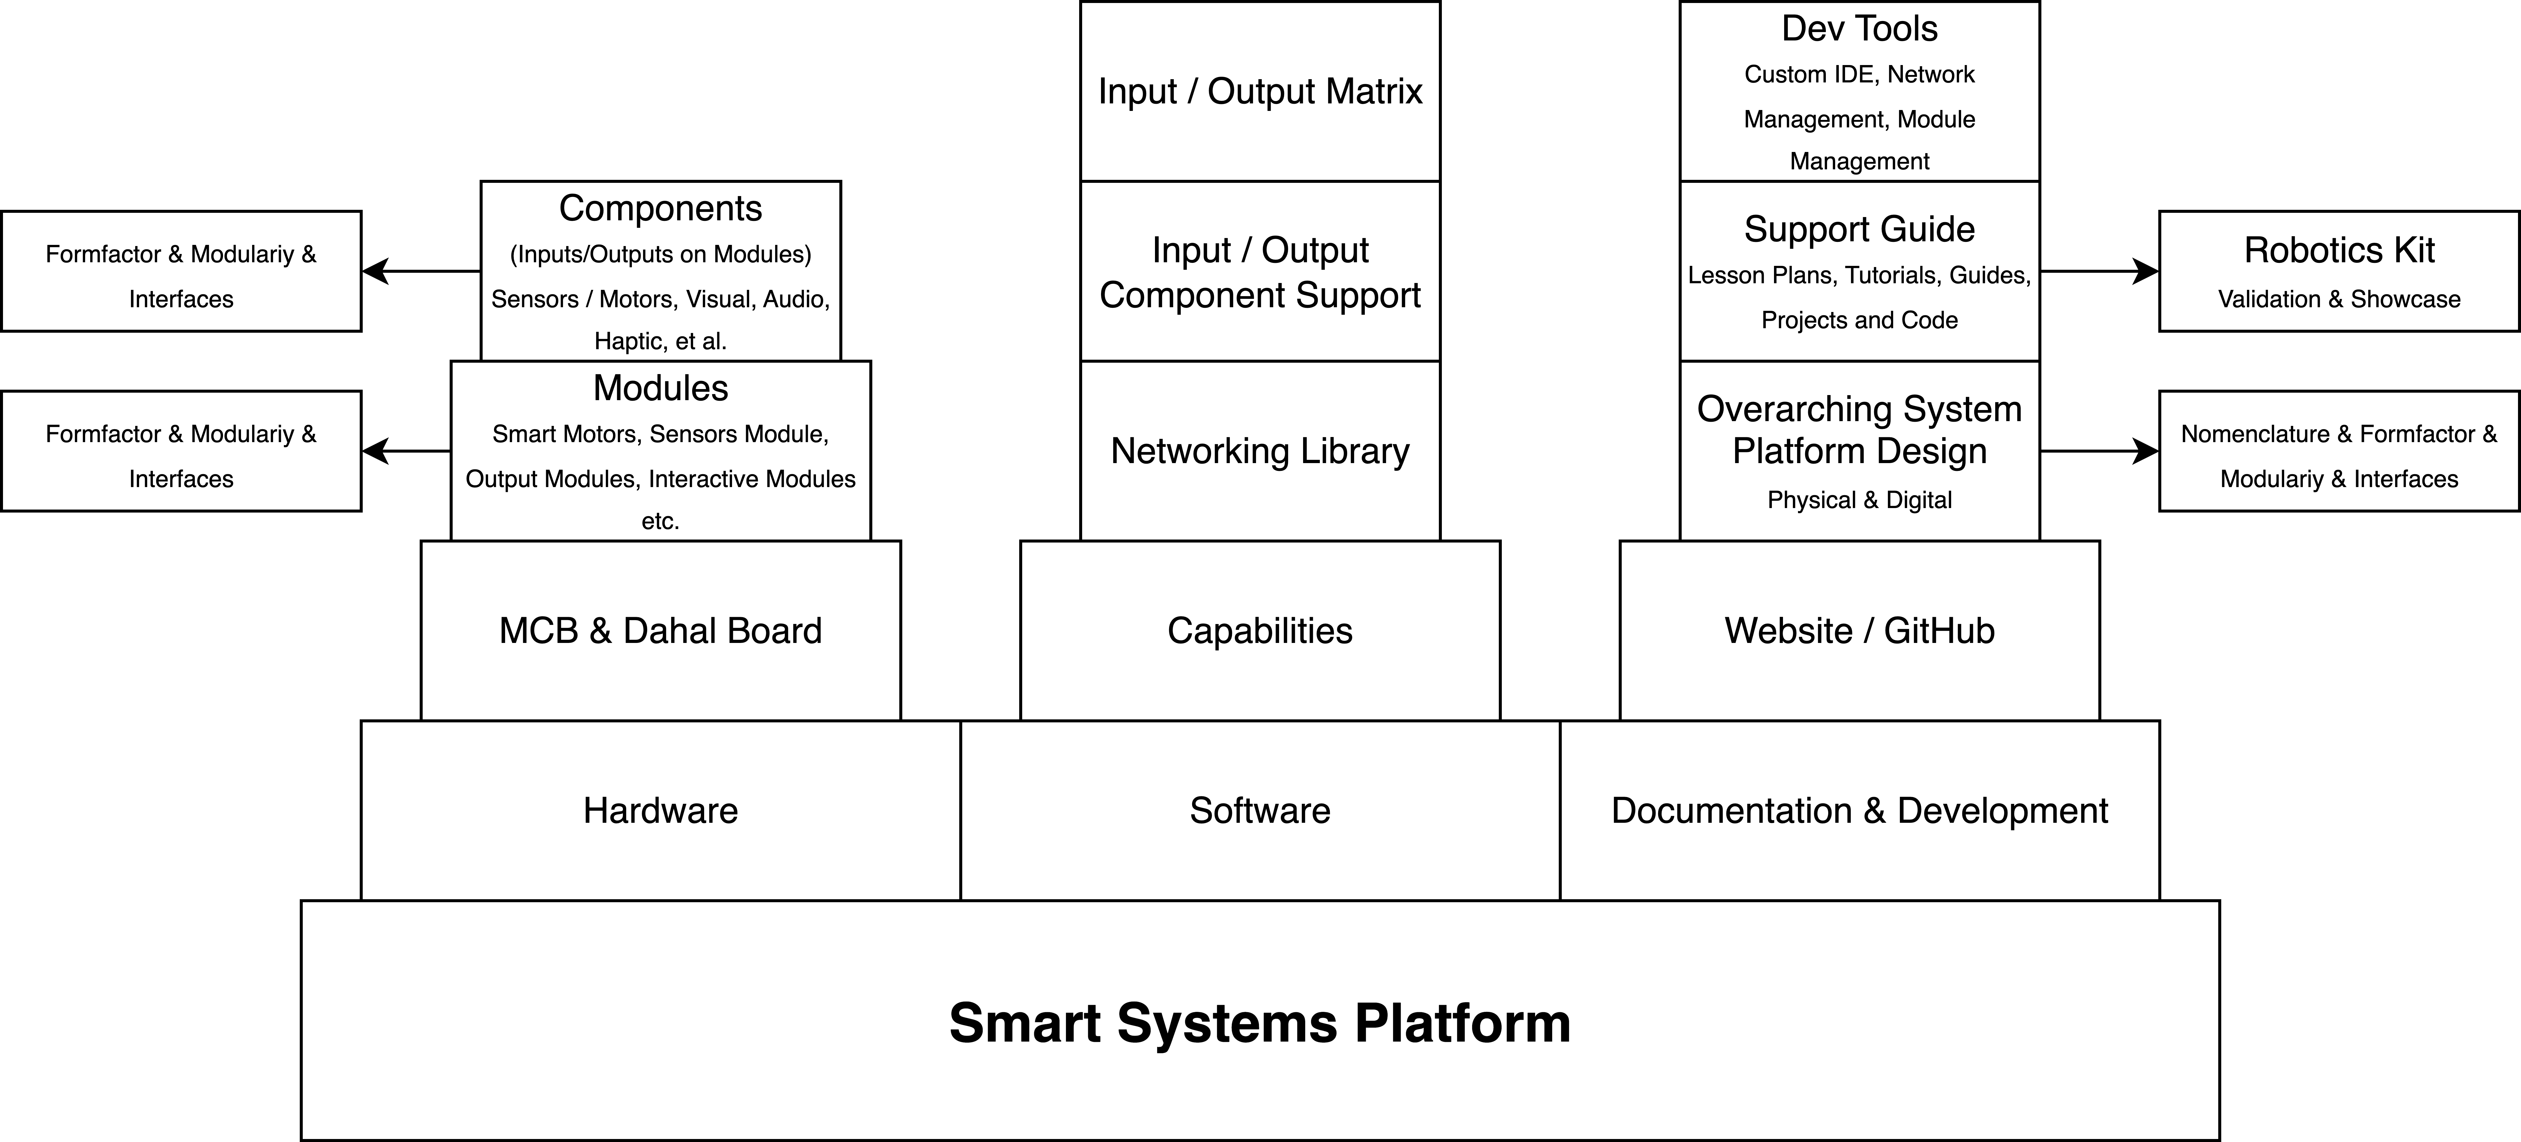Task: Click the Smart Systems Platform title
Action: (1260, 1023)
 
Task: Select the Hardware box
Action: (661, 810)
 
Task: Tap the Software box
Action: (1260, 810)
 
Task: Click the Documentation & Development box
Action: (1859, 810)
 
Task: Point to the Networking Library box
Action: (1260, 451)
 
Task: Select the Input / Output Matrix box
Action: (1260, 91)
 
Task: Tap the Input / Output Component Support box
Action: (1260, 272)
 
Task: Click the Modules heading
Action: (661, 388)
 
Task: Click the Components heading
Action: (661, 208)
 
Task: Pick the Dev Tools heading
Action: (1859, 28)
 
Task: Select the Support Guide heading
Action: (1859, 229)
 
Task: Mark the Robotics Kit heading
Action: (2339, 251)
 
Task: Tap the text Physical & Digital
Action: (1859, 500)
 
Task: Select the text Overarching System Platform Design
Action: (1859, 430)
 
